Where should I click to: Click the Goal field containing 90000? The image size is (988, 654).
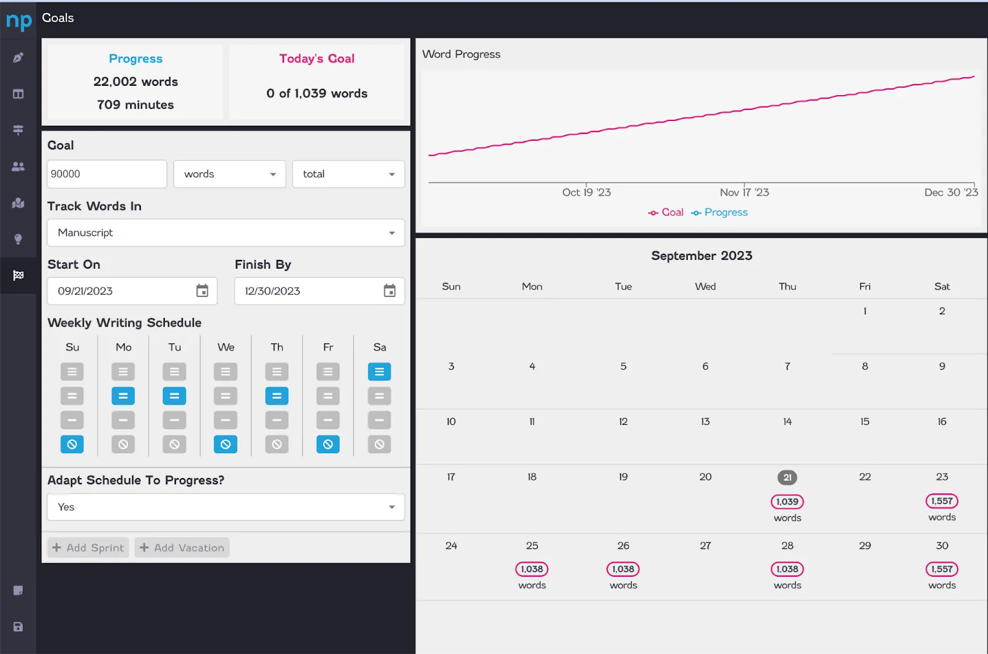coord(107,174)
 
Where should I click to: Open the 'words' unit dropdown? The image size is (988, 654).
coord(229,174)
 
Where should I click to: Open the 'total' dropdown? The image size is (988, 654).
coord(348,174)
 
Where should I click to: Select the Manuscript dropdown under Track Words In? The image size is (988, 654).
coord(226,232)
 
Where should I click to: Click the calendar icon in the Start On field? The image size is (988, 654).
coord(202,291)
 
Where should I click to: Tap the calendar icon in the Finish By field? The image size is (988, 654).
coord(390,291)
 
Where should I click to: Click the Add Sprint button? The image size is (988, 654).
coord(88,547)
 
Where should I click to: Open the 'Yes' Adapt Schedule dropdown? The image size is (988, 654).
coord(226,506)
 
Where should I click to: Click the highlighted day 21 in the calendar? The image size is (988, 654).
coord(787,477)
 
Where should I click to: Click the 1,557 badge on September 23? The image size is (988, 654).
coord(942,501)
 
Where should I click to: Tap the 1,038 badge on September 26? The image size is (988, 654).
coord(623,569)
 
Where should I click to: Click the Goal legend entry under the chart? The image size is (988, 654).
coord(666,212)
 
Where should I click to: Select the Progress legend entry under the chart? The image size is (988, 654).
coord(719,212)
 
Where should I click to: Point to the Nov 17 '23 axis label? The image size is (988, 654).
coord(744,192)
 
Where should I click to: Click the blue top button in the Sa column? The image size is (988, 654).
coord(379,372)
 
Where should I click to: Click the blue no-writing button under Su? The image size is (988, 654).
coord(72,444)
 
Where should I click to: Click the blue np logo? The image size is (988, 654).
coord(19,20)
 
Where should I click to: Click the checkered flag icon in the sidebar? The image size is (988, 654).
coord(18,275)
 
